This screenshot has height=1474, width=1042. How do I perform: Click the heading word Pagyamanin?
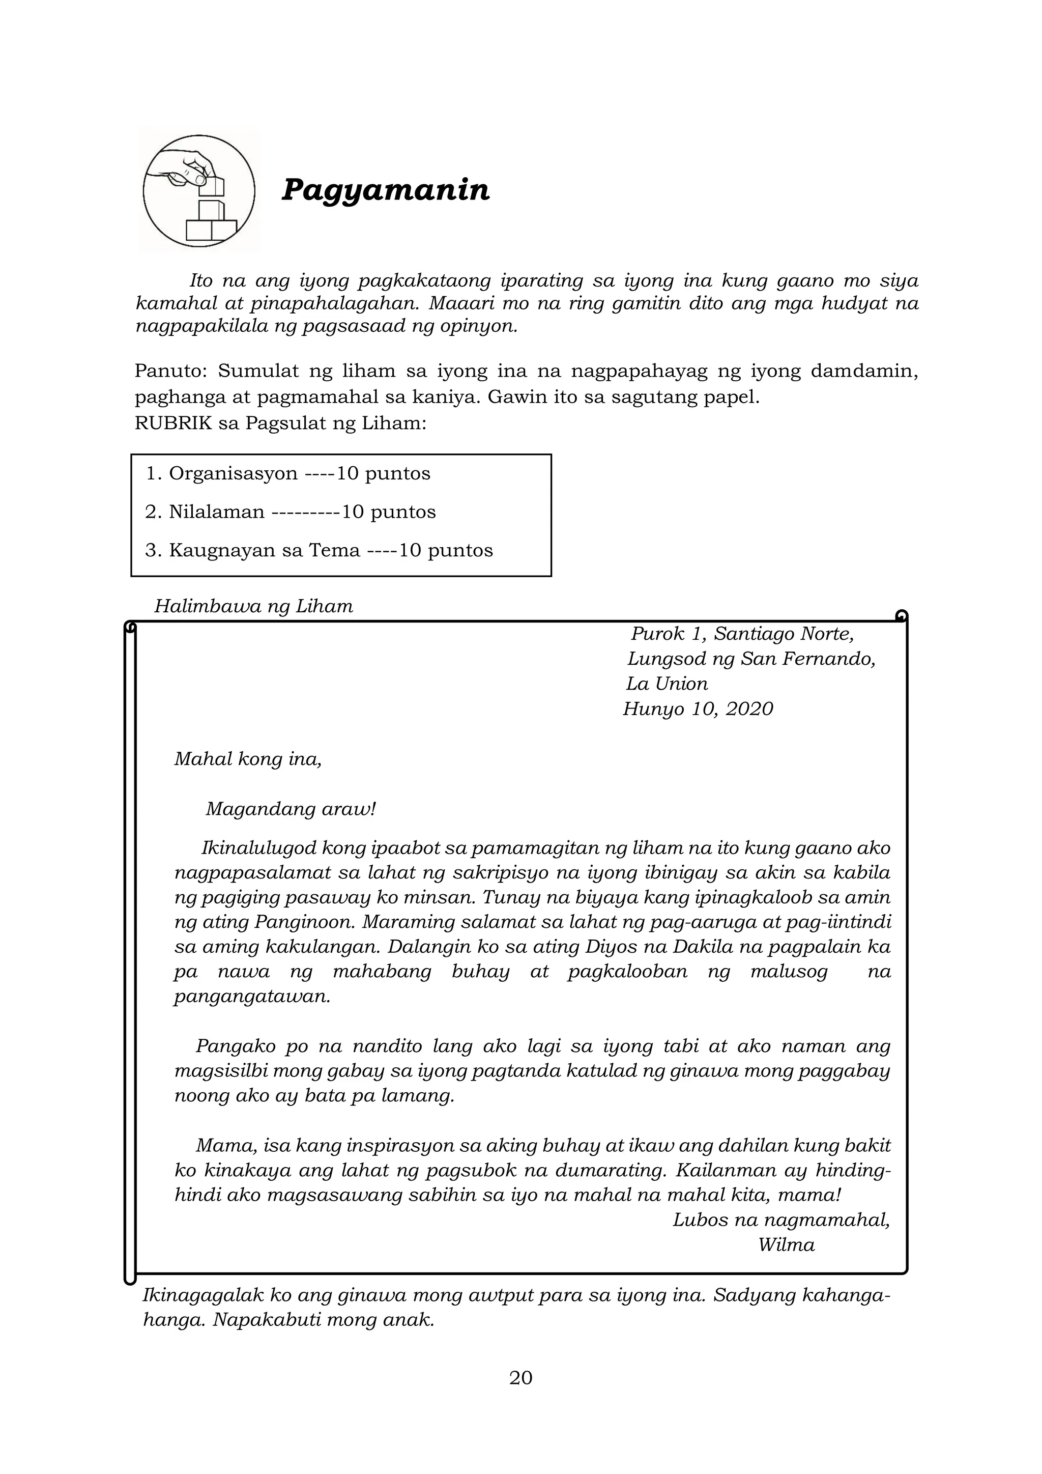coord(385,190)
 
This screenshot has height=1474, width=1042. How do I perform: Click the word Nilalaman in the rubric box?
coord(216,513)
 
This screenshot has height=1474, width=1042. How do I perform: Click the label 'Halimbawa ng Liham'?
coord(253,607)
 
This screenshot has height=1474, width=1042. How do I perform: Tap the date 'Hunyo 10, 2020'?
coord(698,709)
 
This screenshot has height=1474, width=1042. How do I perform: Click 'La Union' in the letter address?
coord(668,684)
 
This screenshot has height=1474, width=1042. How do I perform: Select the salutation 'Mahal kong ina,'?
coord(248,759)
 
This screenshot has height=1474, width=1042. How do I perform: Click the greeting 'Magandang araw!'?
coord(290,809)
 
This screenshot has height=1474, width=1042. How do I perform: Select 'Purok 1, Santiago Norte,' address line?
coord(742,634)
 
